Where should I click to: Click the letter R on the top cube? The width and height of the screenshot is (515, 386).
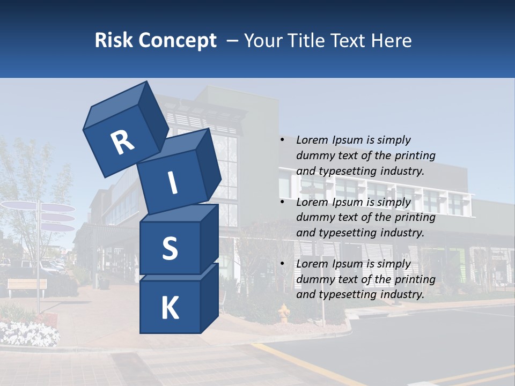pos(122,142)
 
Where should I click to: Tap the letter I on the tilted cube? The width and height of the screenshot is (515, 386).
pos(172,183)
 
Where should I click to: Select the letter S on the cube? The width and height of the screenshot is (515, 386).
pos(170,249)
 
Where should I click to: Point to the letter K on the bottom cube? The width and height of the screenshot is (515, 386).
pos(170,308)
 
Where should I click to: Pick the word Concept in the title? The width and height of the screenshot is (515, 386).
pos(178,41)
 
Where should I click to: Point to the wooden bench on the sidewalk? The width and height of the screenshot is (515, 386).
pos(27,286)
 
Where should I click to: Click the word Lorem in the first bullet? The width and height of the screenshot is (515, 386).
pos(312,140)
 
